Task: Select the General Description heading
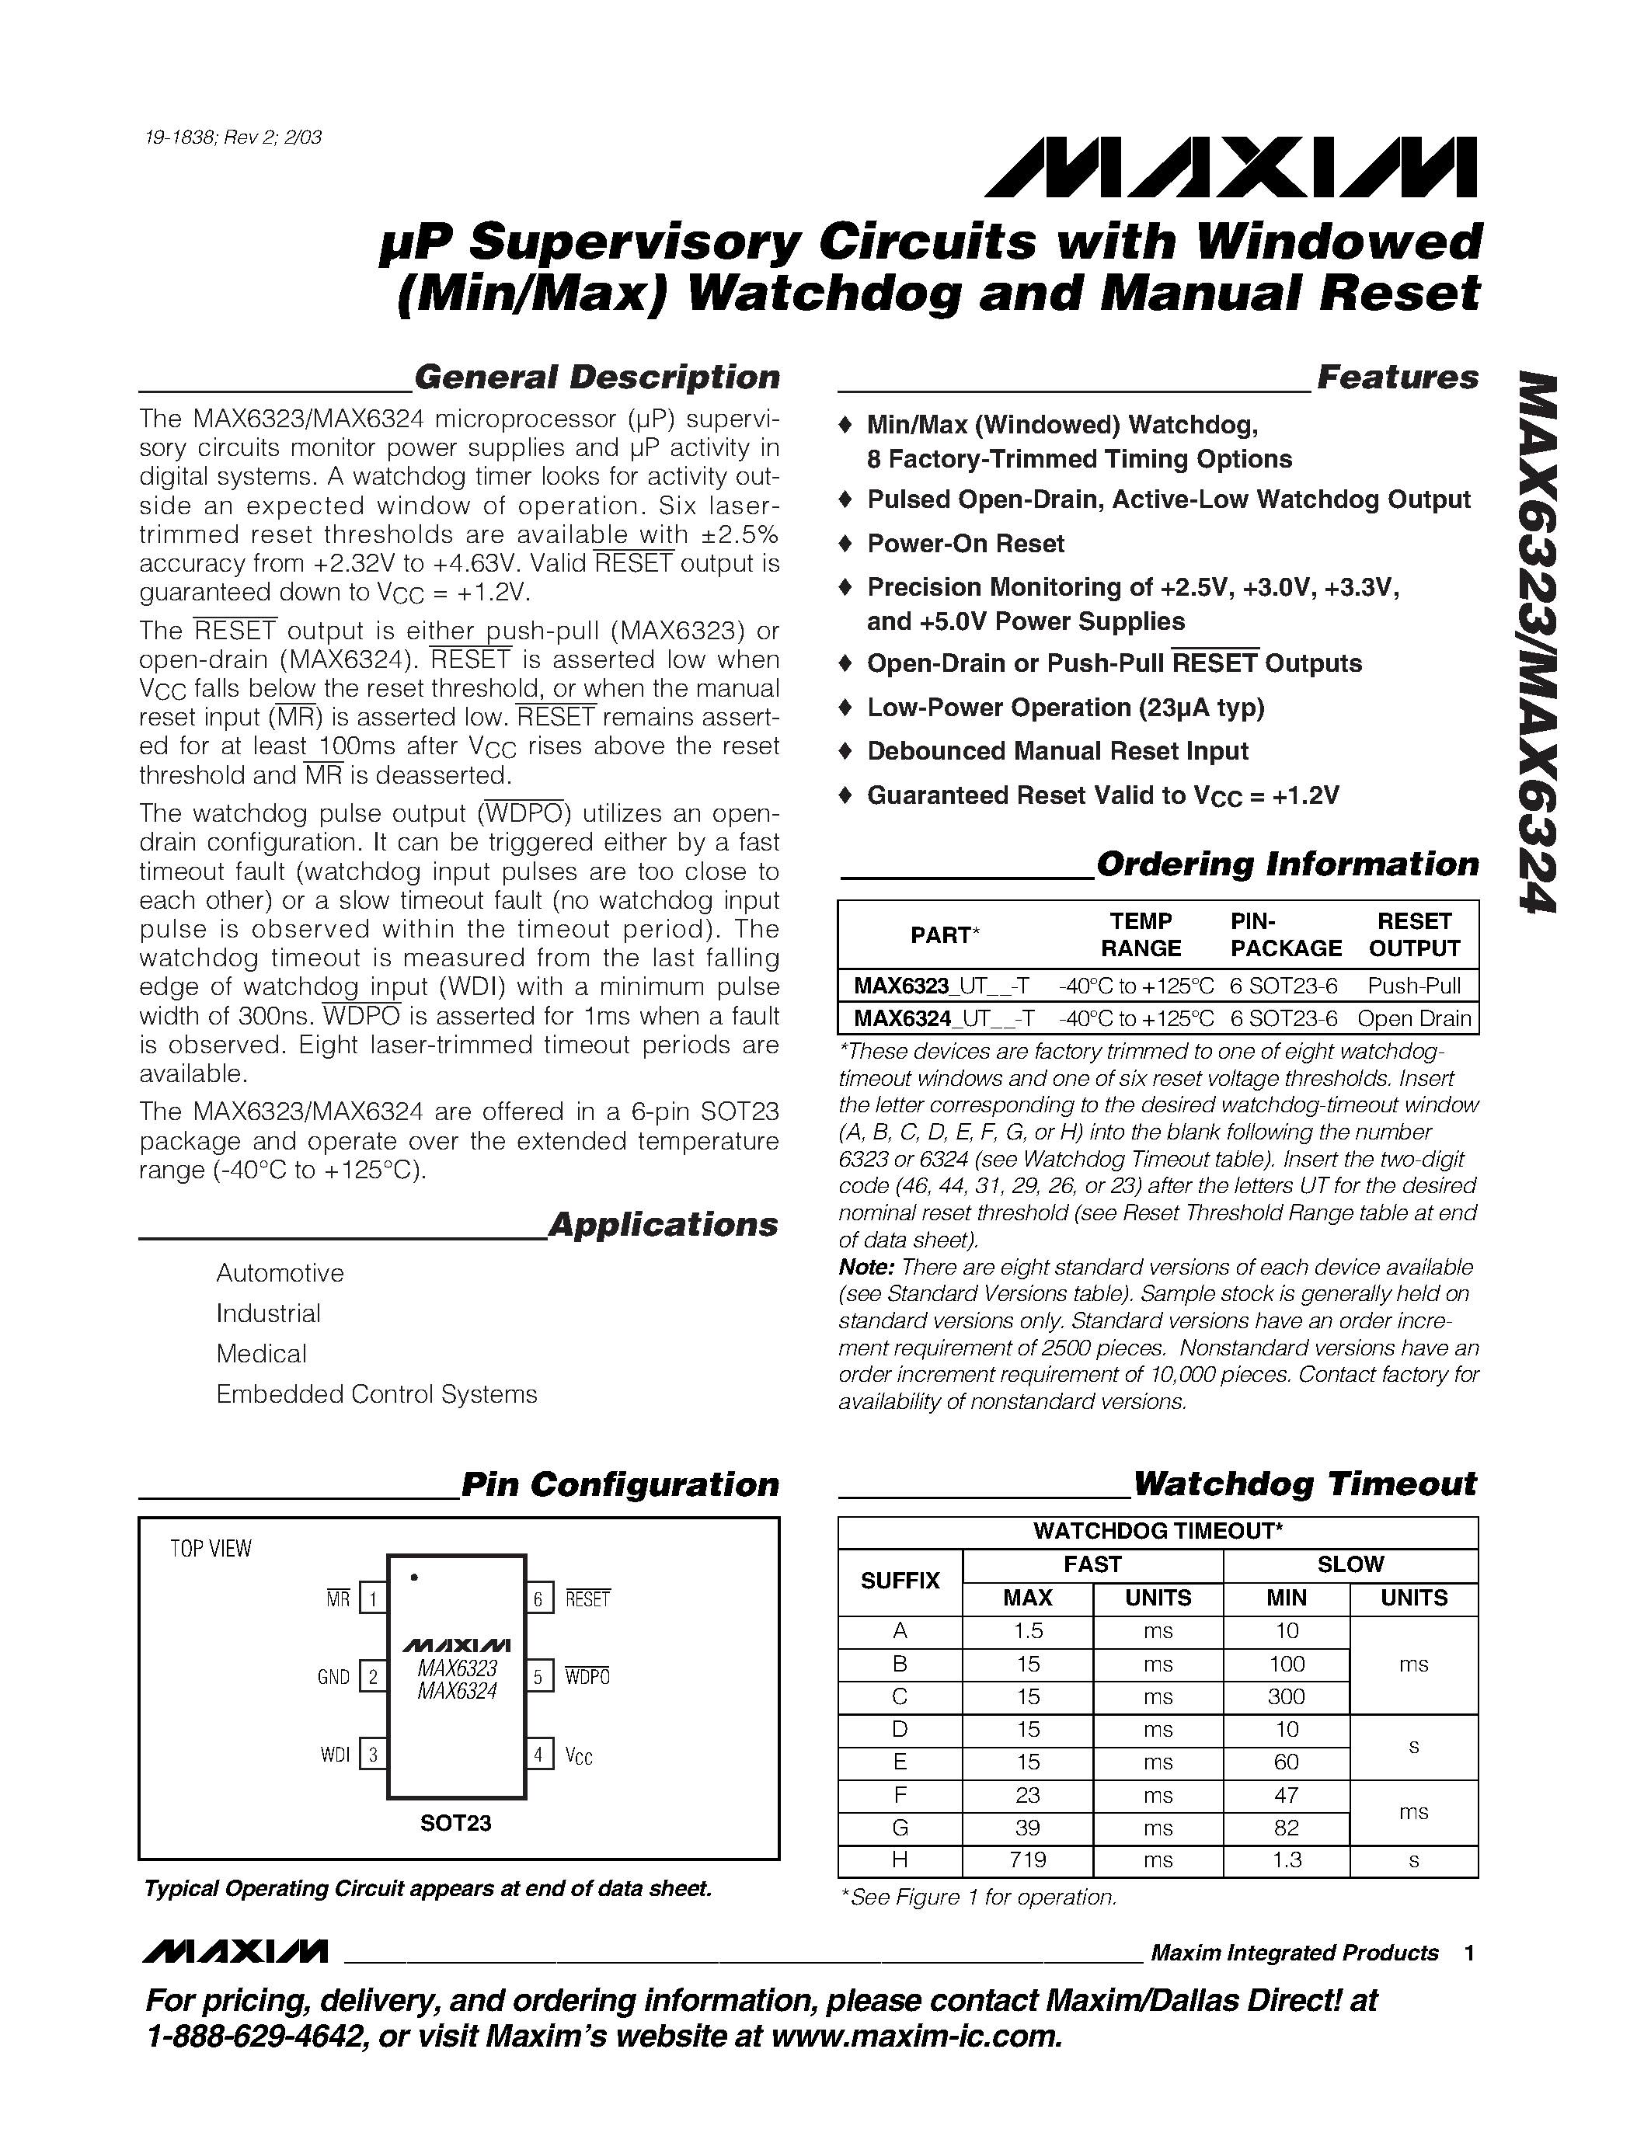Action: [x=597, y=377]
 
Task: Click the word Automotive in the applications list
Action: [x=280, y=1273]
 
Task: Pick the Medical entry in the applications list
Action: [x=261, y=1354]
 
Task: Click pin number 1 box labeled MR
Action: [x=373, y=1599]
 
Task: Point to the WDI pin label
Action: [x=335, y=1755]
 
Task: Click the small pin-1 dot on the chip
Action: [x=415, y=1578]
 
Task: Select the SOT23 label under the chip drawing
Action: [x=456, y=1823]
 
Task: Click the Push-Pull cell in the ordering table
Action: [x=1414, y=985]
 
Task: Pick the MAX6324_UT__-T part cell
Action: [x=944, y=1018]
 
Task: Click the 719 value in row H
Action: [x=1028, y=1860]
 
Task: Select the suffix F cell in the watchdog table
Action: [x=900, y=1795]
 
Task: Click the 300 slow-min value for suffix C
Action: [x=1286, y=1697]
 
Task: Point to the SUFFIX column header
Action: [x=900, y=1581]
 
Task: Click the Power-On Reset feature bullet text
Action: [x=966, y=544]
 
